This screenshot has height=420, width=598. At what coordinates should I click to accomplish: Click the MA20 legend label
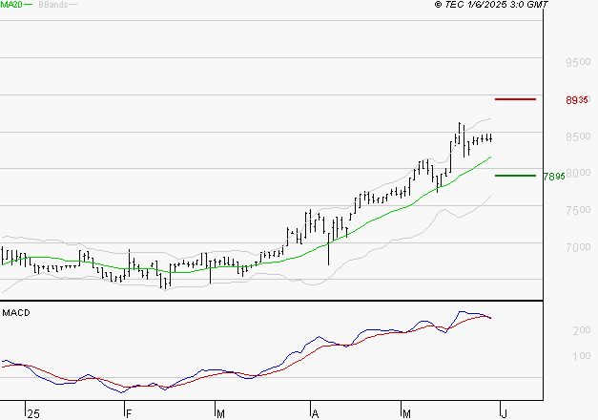point(11,5)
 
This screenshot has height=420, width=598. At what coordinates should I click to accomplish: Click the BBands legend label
point(52,5)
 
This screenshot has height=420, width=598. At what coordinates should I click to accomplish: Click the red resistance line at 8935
point(515,99)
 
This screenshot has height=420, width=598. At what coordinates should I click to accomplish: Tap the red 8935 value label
point(575,100)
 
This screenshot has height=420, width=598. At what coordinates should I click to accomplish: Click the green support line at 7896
point(515,175)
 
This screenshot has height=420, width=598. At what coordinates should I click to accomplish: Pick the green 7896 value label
point(553,176)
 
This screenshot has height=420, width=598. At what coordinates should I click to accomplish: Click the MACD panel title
point(15,313)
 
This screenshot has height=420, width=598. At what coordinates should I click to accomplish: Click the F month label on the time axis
point(127,413)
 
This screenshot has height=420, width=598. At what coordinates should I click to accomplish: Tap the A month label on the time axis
point(314,413)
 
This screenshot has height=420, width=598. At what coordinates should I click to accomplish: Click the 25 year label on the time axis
point(33,413)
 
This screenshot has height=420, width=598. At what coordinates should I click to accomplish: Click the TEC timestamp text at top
point(491,5)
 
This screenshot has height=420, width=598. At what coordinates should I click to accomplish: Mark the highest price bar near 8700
point(460,134)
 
